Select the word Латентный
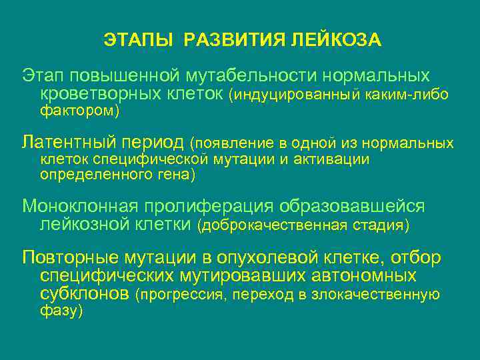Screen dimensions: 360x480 tap(69, 141)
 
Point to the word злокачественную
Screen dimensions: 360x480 tap(385, 295)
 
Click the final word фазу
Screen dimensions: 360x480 tap(59, 311)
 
